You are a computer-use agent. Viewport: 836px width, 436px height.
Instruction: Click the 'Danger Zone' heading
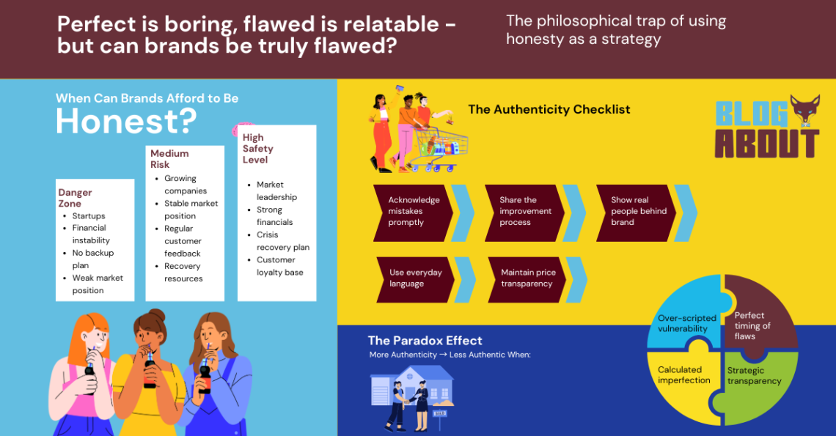pos(76,198)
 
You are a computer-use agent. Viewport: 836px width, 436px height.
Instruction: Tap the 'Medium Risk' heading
pos(169,159)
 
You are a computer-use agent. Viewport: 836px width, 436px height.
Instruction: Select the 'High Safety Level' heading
pos(258,149)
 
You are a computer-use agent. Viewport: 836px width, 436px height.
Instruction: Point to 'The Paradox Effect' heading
pos(425,341)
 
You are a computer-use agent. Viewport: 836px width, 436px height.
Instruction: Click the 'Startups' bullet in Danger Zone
pos(89,216)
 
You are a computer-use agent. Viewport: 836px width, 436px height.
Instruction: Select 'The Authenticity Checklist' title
pos(549,109)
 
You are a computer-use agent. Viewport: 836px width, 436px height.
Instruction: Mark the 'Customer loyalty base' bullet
pos(280,266)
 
